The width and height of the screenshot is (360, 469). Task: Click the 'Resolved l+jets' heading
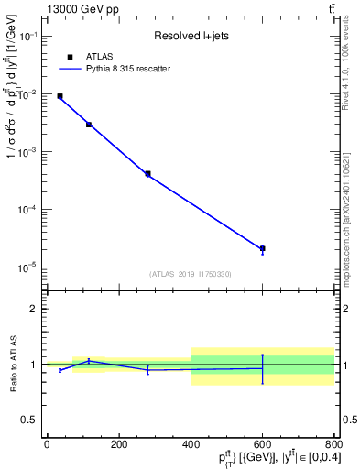click(x=190, y=37)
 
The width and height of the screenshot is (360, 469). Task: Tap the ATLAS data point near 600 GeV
click(x=262, y=248)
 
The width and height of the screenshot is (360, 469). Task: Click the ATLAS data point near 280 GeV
click(x=147, y=173)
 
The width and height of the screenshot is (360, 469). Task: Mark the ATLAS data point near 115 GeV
click(x=89, y=125)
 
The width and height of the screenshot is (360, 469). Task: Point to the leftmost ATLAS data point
click(x=60, y=96)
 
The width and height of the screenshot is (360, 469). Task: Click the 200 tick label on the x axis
click(x=118, y=444)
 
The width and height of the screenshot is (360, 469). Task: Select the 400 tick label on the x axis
click(x=191, y=444)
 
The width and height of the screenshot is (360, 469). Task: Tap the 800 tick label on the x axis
click(x=333, y=444)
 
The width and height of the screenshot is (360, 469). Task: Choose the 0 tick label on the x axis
click(x=47, y=444)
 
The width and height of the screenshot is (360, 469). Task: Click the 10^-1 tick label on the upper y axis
click(x=28, y=36)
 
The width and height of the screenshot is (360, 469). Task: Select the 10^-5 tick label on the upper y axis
click(x=28, y=267)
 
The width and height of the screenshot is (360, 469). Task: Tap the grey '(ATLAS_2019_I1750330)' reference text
click(x=190, y=274)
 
